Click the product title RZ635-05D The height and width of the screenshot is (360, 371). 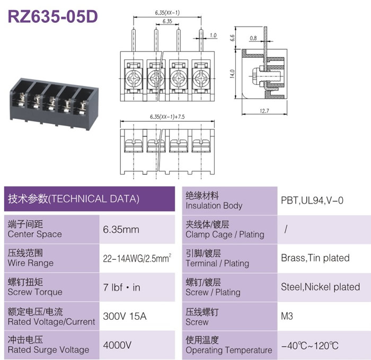click(x=53, y=16)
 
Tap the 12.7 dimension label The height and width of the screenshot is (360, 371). click(x=264, y=111)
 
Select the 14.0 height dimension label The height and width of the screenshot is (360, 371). click(x=232, y=74)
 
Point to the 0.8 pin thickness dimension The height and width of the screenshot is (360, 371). click(x=253, y=38)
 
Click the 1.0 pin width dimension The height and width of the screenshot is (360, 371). click(x=213, y=36)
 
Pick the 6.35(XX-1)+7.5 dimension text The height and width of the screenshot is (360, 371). click(x=167, y=117)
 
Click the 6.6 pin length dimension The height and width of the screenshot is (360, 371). click(x=232, y=38)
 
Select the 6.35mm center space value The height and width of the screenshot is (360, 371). click(x=121, y=230)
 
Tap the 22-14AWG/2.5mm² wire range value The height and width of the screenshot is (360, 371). click(x=137, y=258)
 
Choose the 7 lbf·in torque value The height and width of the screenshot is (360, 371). click(x=121, y=287)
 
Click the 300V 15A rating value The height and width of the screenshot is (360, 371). click(x=125, y=316)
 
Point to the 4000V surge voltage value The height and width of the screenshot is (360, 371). click(x=117, y=345)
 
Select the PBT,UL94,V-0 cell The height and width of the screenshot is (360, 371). click(x=312, y=200)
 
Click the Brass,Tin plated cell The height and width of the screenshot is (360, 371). click(x=315, y=258)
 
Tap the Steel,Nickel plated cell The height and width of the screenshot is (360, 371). click(x=320, y=287)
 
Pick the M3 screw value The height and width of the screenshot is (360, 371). click(x=287, y=316)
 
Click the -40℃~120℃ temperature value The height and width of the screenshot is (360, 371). click(x=310, y=346)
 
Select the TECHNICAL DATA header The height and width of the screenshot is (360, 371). click(x=74, y=199)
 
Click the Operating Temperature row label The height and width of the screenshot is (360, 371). click(x=229, y=345)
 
